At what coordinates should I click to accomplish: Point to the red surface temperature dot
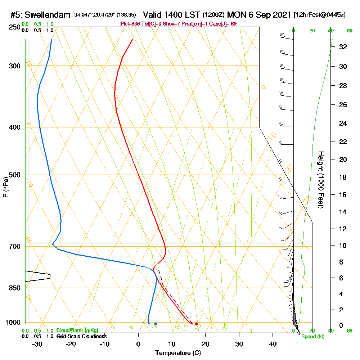pyautogui.click(x=196, y=324)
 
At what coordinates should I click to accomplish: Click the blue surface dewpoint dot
pyautogui.click(x=156, y=324)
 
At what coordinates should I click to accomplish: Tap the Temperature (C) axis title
pyautogui.click(x=177, y=353)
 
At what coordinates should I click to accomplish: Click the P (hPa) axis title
pyautogui.click(x=5, y=187)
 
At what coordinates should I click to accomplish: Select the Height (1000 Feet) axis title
pyautogui.click(x=320, y=180)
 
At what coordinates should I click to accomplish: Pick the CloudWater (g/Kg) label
pyautogui.click(x=77, y=330)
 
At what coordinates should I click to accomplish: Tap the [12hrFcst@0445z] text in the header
pyautogui.click(x=320, y=15)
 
